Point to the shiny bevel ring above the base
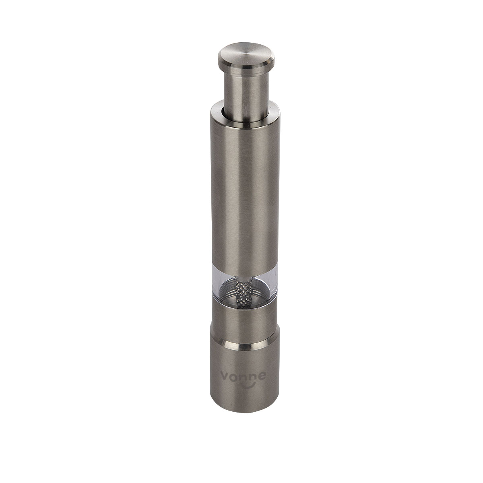(244, 343)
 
